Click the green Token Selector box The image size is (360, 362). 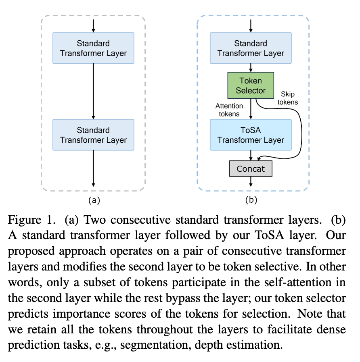[x=251, y=85]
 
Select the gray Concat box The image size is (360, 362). [x=251, y=169]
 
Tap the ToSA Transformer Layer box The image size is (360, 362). [x=251, y=135]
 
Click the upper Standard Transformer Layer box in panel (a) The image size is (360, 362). [x=93, y=48]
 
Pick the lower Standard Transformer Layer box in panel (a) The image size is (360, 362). [x=93, y=135]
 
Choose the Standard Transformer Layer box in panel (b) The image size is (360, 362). [x=251, y=48]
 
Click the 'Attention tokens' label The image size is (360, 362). [x=229, y=110]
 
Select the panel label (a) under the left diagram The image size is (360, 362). [x=93, y=200]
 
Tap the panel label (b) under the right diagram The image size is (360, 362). [x=251, y=200]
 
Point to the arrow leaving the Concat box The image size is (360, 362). [x=251, y=181]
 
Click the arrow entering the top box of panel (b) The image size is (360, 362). [x=251, y=25]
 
